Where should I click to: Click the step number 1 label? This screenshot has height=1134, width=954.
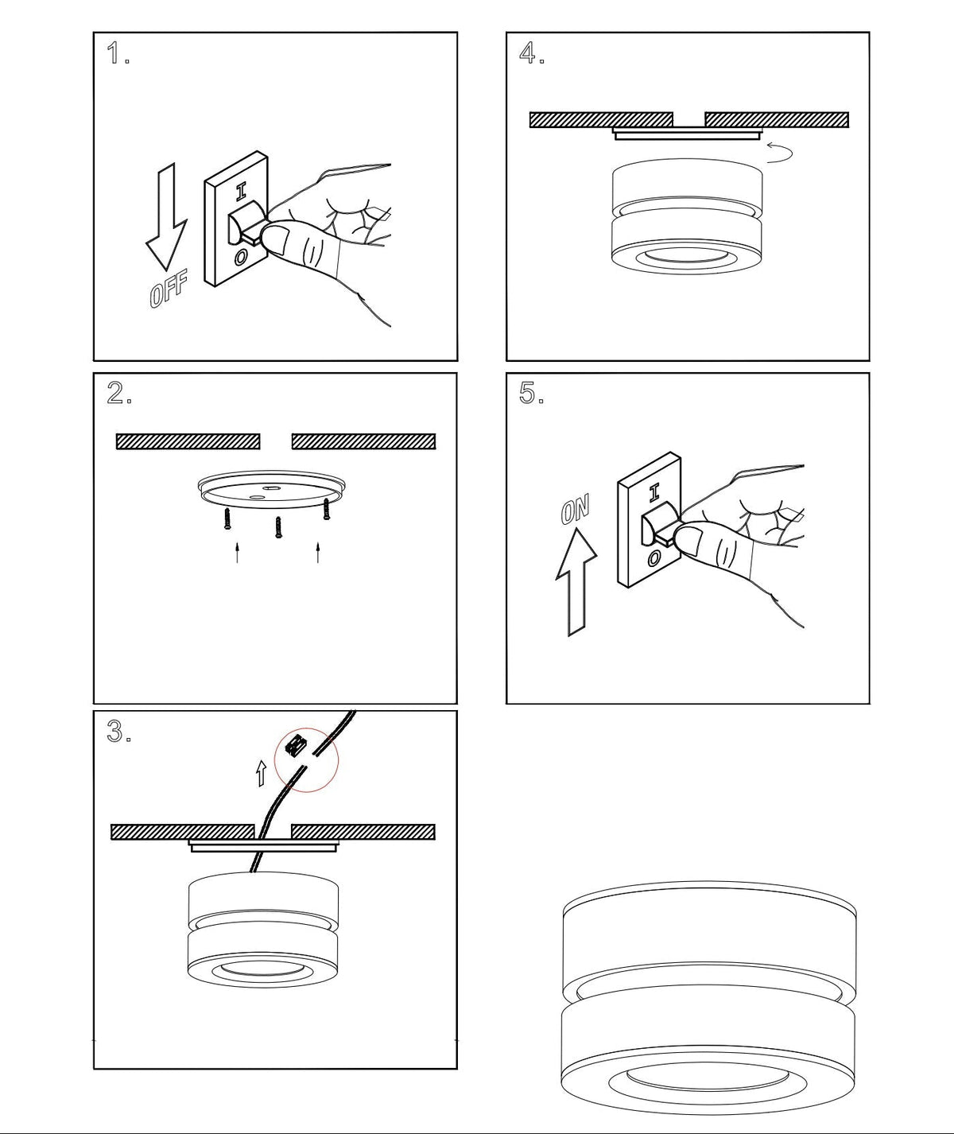pyautogui.click(x=118, y=53)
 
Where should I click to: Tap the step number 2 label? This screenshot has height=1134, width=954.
pyautogui.click(x=119, y=393)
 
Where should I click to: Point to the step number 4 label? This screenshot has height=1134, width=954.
pyautogui.click(x=532, y=53)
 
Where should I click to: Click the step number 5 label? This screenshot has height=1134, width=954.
pyautogui.click(x=532, y=393)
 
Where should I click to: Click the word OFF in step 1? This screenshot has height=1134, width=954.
pyautogui.click(x=169, y=289)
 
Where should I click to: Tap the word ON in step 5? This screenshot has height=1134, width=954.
pyautogui.click(x=575, y=509)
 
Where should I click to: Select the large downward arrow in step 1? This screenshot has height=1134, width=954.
pyautogui.click(x=167, y=217)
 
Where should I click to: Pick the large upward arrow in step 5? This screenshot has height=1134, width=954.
pyautogui.click(x=576, y=582)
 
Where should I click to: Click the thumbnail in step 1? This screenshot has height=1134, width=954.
pyautogui.click(x=277, y=240)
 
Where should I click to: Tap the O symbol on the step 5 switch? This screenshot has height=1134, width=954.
pyautogui.click(x=654, y=557)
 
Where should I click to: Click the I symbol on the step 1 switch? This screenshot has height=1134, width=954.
pyautogui.click(x=241, y=191)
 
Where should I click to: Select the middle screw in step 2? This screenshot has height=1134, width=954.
pyautogui.click(x=278, y=526)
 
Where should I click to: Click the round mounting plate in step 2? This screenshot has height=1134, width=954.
pyautogui.click(x=272, y=489)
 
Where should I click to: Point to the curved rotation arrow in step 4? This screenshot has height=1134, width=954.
pyautogui.click(x=780, y=153)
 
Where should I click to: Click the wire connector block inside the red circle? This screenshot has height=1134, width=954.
pyautogui.click(x=297, y=746)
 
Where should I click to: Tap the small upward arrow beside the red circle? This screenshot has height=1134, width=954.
pyautogui.click(x=262, y=773)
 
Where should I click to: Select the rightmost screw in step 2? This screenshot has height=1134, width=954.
pyautogui.click(x=326, y=509)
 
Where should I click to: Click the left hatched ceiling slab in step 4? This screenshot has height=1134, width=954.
pyautogui.click(x=602, y=120)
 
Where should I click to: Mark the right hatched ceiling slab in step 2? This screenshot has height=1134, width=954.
pyautogui.click(x=364, y=441)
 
